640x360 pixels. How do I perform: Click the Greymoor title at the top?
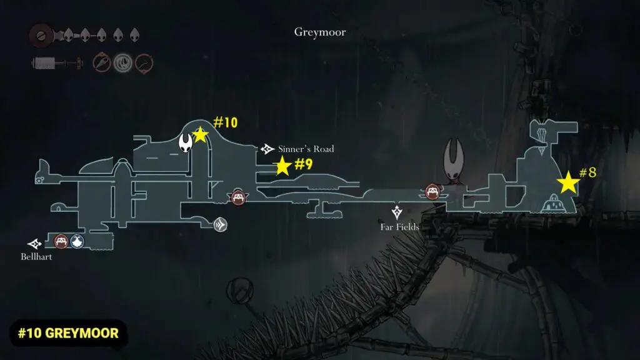319,32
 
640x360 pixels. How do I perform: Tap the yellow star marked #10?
200,134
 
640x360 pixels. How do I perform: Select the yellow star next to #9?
282,166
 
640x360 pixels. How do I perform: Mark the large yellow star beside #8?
568,183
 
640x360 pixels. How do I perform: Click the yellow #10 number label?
226,122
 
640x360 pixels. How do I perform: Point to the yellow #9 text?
303,164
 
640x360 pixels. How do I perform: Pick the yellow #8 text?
587,172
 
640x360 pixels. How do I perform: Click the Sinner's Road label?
306,149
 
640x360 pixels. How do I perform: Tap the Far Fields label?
399,227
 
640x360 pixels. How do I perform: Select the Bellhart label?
36,256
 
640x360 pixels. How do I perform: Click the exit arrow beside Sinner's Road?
267,149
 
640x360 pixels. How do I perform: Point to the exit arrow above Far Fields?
396,212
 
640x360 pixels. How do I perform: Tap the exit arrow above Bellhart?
34,243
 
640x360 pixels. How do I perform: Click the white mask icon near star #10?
186,142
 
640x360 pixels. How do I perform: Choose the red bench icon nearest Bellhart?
61,241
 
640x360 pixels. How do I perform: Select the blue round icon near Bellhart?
77,241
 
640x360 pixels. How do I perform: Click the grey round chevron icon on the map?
219,225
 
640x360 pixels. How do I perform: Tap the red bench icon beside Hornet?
432,191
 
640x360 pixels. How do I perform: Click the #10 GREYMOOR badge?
68,332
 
